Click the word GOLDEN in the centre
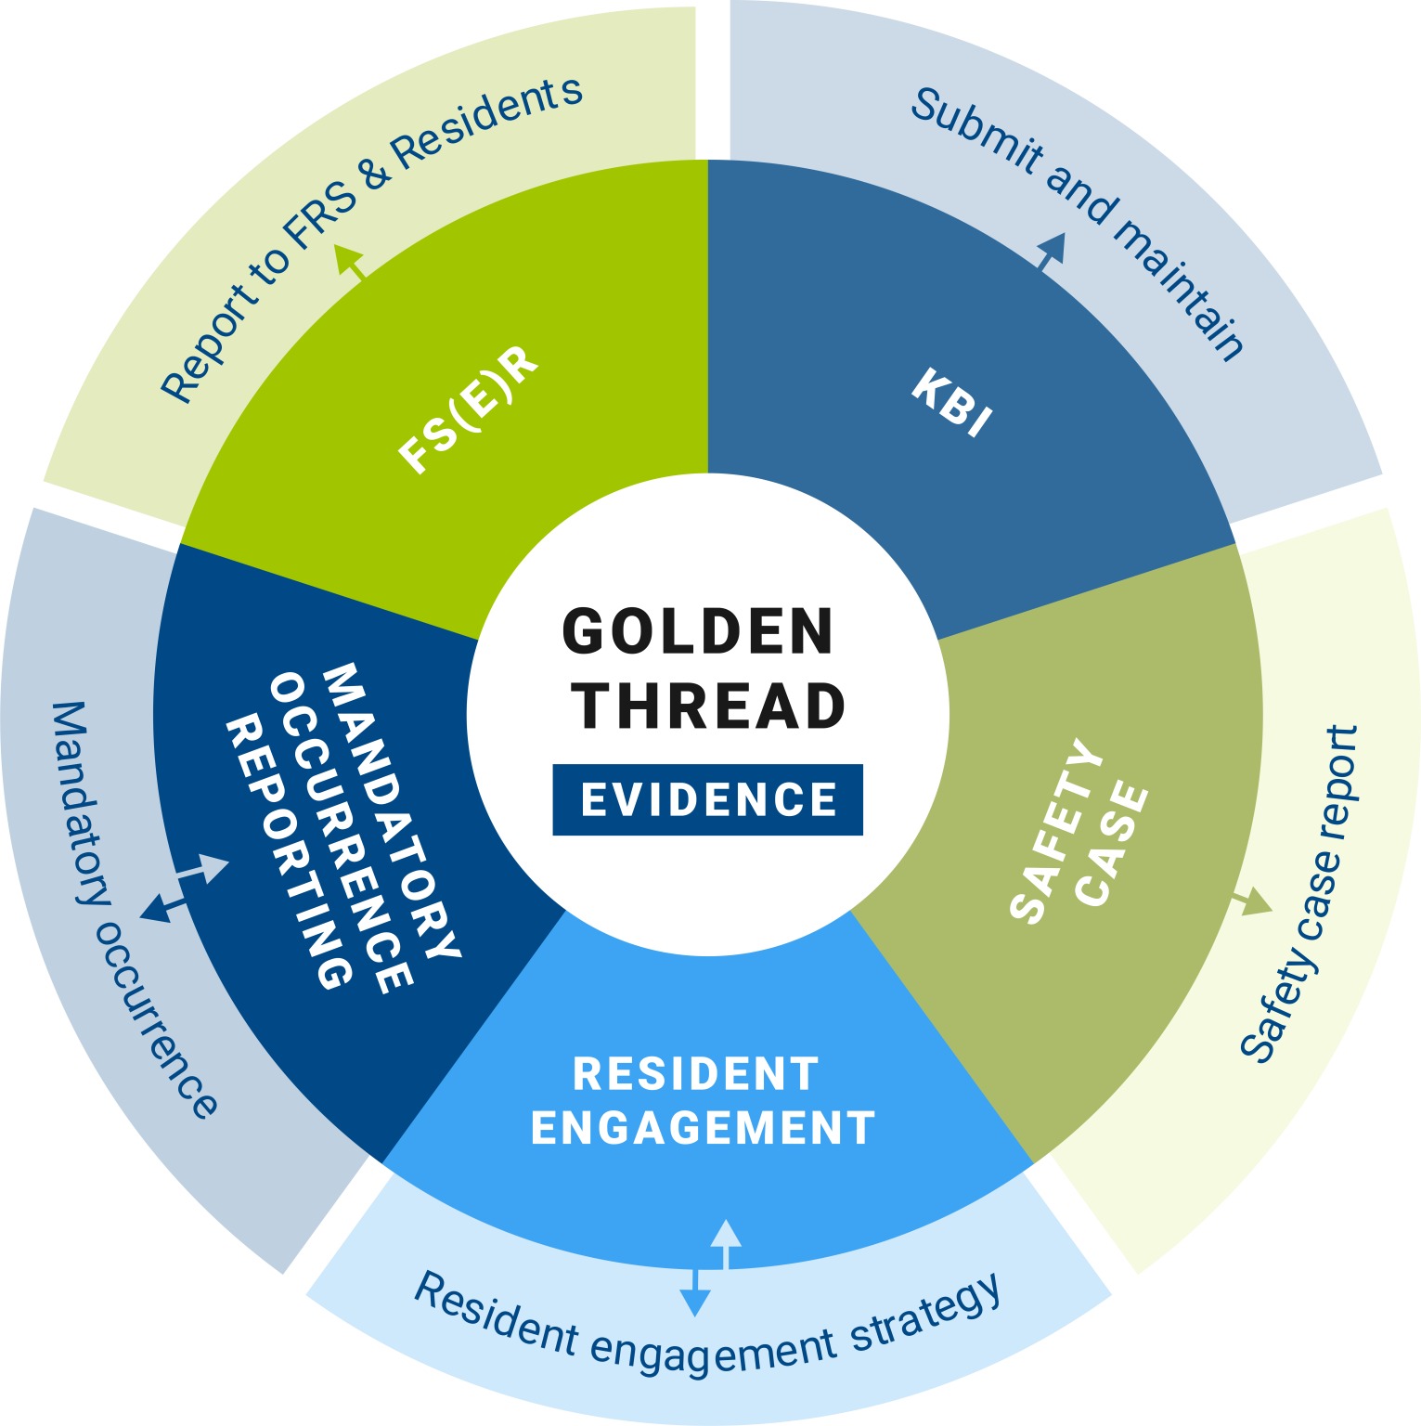point(698,632)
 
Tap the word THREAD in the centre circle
point(708,707)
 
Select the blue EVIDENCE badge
point(708,800)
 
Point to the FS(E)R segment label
point(469,409)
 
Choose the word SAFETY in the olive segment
point(1056,832)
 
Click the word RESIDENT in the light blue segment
point(696,1074)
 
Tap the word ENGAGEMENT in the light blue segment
point(703,1128)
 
